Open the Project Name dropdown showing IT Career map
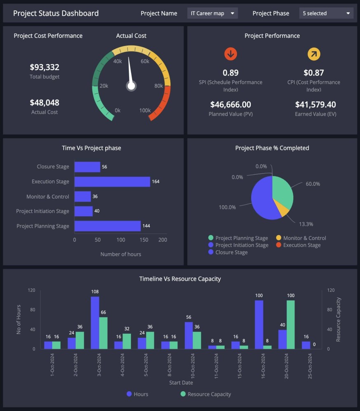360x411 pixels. click(x=212, y=14)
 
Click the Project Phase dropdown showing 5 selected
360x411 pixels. click(x=326, y=14)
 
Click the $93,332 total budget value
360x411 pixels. click(x=44, y=67)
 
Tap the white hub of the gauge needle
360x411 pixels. click(x=131, y=86)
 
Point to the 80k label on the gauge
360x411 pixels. click(x=158, y=86)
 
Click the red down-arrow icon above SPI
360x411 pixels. click(x=230, y=54)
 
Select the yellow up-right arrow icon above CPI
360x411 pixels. click(x=314, y=54)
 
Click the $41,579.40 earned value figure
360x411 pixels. click(x=316, y=104)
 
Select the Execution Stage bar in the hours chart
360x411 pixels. click(x=112, y=182)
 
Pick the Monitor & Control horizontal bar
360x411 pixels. click(x=82, y=196)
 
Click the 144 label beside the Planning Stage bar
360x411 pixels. click(x=146, y=226)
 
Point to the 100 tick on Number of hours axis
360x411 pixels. click(x=121, y=240)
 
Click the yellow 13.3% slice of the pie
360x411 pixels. click(x=283, y=209)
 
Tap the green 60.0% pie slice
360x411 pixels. click(x=283, y=191)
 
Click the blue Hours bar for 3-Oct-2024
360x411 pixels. click(x=95, y=323)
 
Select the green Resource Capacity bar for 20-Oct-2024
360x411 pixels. click(x=291, y=325)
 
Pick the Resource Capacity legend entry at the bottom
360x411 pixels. click(x=205, y=394)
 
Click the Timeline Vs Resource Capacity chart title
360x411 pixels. click(x=180, y=279)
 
